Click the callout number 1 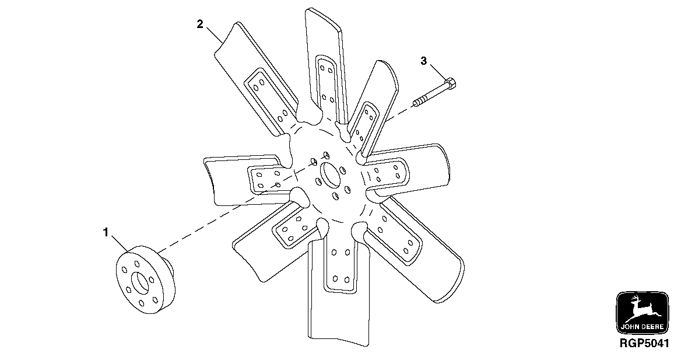pyautogui.click(x=106, y=233)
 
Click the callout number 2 pyautogui.click(x=199, y=24)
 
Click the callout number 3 pyautogui.click(x=424, y=61)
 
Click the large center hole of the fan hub pyautogui.click(x=330, y=174)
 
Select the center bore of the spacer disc pyautogui.click(x=140, y=281)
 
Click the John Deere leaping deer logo pyautogui.click(x=643, y=307)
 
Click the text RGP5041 pyautogui.click(x=644, y=343)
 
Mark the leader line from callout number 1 pyautogui.click(x=120, y=243)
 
